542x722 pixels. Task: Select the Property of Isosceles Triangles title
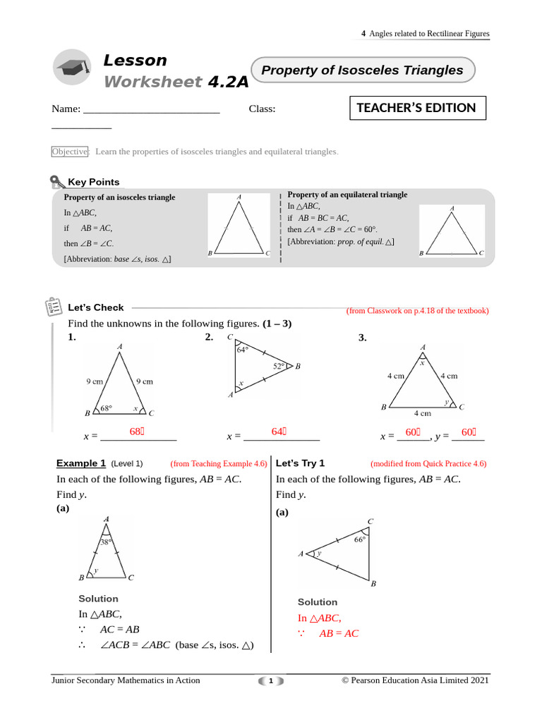362,71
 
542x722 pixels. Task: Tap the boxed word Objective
69,152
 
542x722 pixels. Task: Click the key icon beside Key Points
57,183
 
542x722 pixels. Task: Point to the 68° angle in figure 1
107,408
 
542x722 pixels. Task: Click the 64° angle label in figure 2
242,350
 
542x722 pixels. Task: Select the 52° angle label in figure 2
279,366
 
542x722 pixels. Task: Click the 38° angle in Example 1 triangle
106,542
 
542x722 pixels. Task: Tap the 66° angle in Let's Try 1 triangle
360,539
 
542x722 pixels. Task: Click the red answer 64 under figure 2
278,432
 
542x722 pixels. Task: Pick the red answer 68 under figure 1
136,432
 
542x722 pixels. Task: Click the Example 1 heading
81,463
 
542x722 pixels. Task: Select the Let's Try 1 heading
300,463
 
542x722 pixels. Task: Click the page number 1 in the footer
270,681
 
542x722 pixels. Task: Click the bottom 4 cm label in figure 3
422,413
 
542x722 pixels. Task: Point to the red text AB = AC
339,633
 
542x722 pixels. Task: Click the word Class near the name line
262,109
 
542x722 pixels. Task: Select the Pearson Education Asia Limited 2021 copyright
415,680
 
